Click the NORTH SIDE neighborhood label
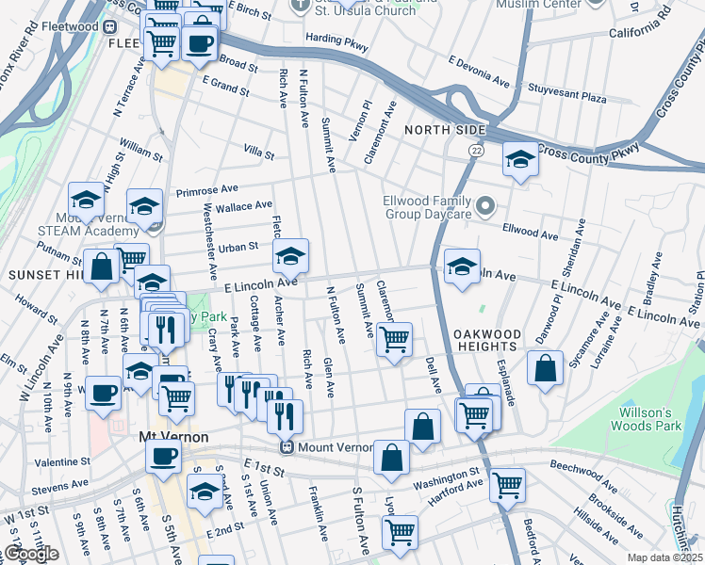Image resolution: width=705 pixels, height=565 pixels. click(x=445, y=129)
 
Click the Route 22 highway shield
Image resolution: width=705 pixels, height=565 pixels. click(x=478, y=150)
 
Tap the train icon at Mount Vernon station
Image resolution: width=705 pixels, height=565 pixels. click(x=292, y=447)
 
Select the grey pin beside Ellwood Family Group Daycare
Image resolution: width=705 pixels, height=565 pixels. click(x=485, y=204)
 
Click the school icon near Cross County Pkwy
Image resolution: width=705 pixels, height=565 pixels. click(x=518, y=160)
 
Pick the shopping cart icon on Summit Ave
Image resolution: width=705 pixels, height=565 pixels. click(x=394, y=338)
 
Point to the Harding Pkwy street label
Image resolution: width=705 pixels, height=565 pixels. click(x=336, y=40)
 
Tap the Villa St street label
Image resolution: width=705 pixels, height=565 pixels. click(x=258, y=152)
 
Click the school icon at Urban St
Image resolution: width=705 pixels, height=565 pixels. click(x=290, y=255)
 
